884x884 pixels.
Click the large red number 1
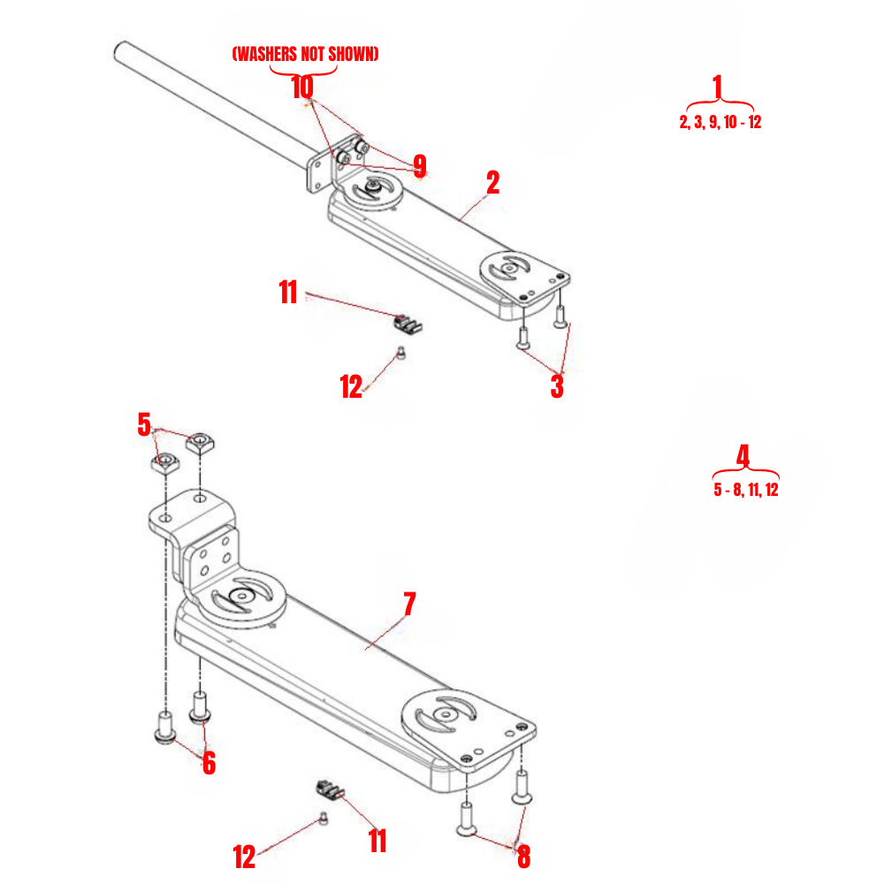coord(717,87)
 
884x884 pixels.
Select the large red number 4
coord(743,456)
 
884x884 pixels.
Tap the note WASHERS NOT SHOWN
coord(305,55)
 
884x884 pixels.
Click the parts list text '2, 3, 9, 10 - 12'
coord(720,123)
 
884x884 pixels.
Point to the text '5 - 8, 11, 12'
coord(746,490)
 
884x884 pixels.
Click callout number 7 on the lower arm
coord(408,605)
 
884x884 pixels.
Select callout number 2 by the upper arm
coord(492,183)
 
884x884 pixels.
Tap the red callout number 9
coord(419,166)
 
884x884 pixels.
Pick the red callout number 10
coord(302,87)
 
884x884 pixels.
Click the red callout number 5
coord(144,424)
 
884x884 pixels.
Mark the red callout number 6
coord(209,762)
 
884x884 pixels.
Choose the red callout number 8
coord(523,856)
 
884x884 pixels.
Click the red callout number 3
coord(556,386)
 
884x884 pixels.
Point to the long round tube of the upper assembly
coord(212,97)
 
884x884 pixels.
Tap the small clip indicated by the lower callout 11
coord(331,787)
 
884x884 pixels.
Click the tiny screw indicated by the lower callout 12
coord(324,819)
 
